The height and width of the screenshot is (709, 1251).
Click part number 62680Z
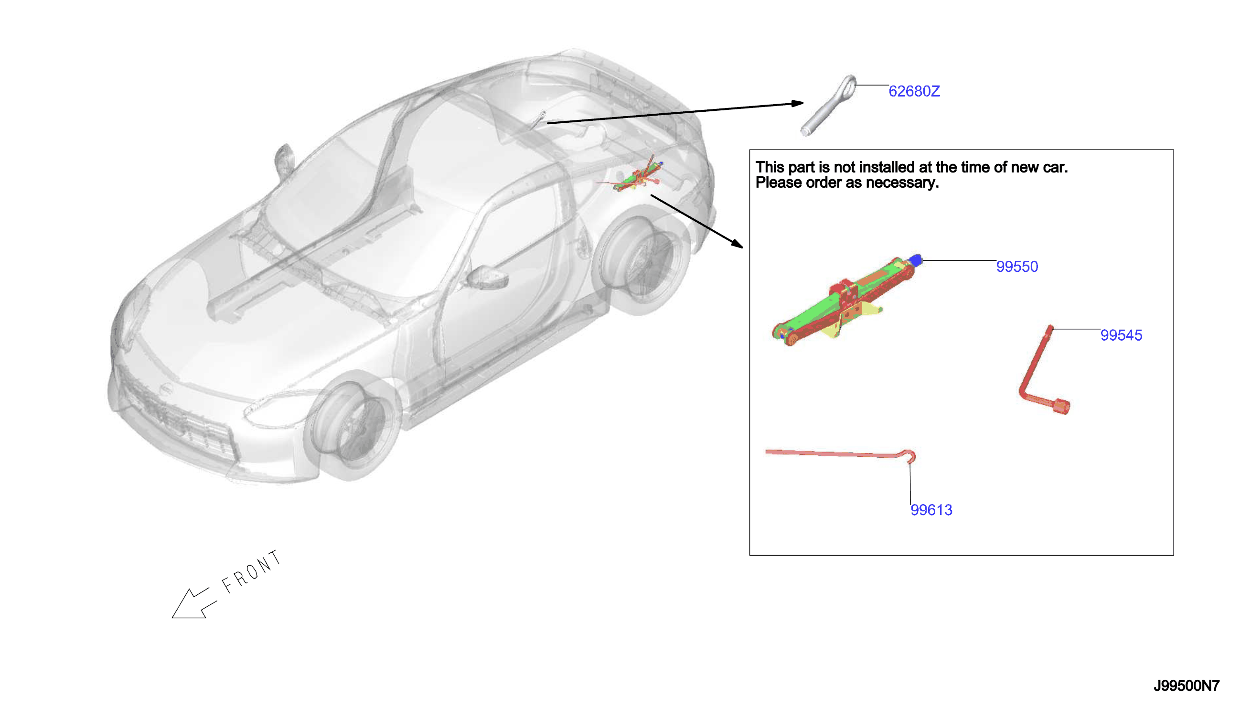coord(914,91)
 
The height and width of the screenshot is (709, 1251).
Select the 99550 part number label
coord(1017,267)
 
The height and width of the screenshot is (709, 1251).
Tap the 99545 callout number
coord(1121,335)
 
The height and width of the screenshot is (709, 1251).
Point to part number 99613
coord(931,510)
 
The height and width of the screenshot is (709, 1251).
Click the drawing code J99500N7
coord(1186,686)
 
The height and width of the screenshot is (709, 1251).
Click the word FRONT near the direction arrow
coord(251,572)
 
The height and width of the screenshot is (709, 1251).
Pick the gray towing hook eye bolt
coord(828,105)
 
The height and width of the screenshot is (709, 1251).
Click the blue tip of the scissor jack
coord(916,260)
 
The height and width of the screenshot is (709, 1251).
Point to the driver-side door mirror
coord(487,277)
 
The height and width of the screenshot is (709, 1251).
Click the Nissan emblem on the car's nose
coord(166,390)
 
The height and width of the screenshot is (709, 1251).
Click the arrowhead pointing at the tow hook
coord(797,103)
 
